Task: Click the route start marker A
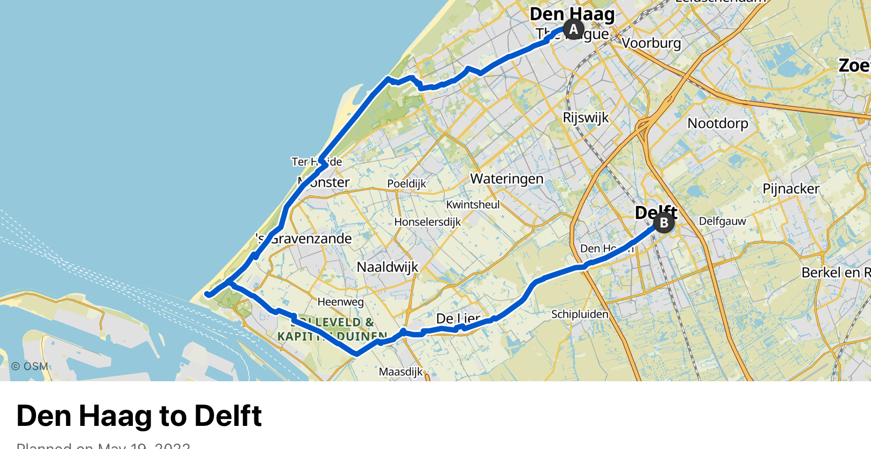574,29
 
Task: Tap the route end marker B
664,222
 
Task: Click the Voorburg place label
651,42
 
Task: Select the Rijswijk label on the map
586,118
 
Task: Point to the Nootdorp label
718,123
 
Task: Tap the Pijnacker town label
791,189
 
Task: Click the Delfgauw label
722,221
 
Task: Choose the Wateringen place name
506,179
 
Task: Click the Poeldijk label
406,184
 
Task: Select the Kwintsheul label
473,205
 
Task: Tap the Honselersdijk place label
427,222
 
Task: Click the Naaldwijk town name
387,267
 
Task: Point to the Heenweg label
340,302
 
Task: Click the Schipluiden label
580,314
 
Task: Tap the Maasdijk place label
401,372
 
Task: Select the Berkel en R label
836,273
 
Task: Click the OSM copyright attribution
30,366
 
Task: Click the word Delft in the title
228,416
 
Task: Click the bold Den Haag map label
572,14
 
